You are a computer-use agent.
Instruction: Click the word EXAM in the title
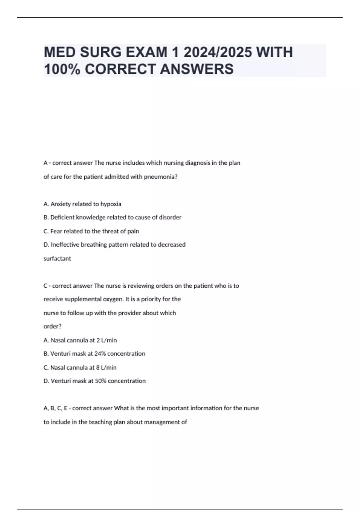pyautogui.click(x=146, y=52)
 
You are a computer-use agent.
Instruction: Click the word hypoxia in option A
pyautogui.click(x=111, y=204)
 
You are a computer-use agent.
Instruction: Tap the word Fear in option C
pyautogui.click(x=56, y=231)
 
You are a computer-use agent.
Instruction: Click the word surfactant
pyautogui.click(x=57, y=258)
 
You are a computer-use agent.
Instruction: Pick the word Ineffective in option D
pyautogui.click(x=64, y=244)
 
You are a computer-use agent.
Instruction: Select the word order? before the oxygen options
pyautogui.click(x=52, y=326)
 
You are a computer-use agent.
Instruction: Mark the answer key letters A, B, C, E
pyautogui.click(x=55, y=408)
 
